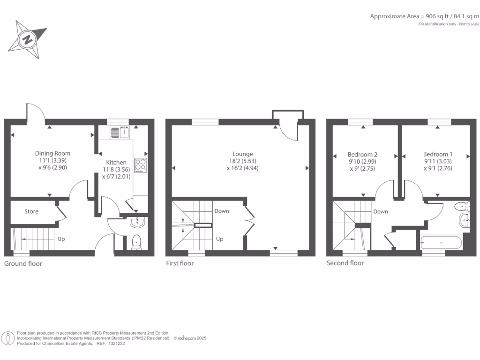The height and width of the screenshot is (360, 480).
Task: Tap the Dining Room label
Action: tap(52, 153)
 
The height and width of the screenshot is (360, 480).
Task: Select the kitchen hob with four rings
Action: tap(140, 165)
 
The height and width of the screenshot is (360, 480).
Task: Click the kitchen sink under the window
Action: tap(120, 133)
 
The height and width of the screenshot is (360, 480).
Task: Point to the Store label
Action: tap(31, 211)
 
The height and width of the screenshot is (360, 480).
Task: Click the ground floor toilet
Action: tap(136, 241)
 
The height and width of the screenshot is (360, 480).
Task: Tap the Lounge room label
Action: tap(242, 154)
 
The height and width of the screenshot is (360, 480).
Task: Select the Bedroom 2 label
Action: tap(362, 154)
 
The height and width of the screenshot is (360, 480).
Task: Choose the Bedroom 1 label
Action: tap(438, 154)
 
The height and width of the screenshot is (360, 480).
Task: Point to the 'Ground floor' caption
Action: tap(23, 263)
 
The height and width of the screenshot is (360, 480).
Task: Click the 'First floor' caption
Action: tap(180, 263)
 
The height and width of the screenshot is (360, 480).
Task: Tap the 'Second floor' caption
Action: tap(345, 263)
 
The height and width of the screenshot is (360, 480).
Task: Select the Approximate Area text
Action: tap(425, 16)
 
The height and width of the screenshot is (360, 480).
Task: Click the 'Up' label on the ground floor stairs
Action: tap(61, 239)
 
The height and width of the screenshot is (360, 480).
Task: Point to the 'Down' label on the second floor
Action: tap(381, 211)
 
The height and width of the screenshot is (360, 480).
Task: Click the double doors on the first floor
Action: tap(249, 220)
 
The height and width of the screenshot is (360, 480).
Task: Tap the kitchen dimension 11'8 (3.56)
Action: tap(116, 170)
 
